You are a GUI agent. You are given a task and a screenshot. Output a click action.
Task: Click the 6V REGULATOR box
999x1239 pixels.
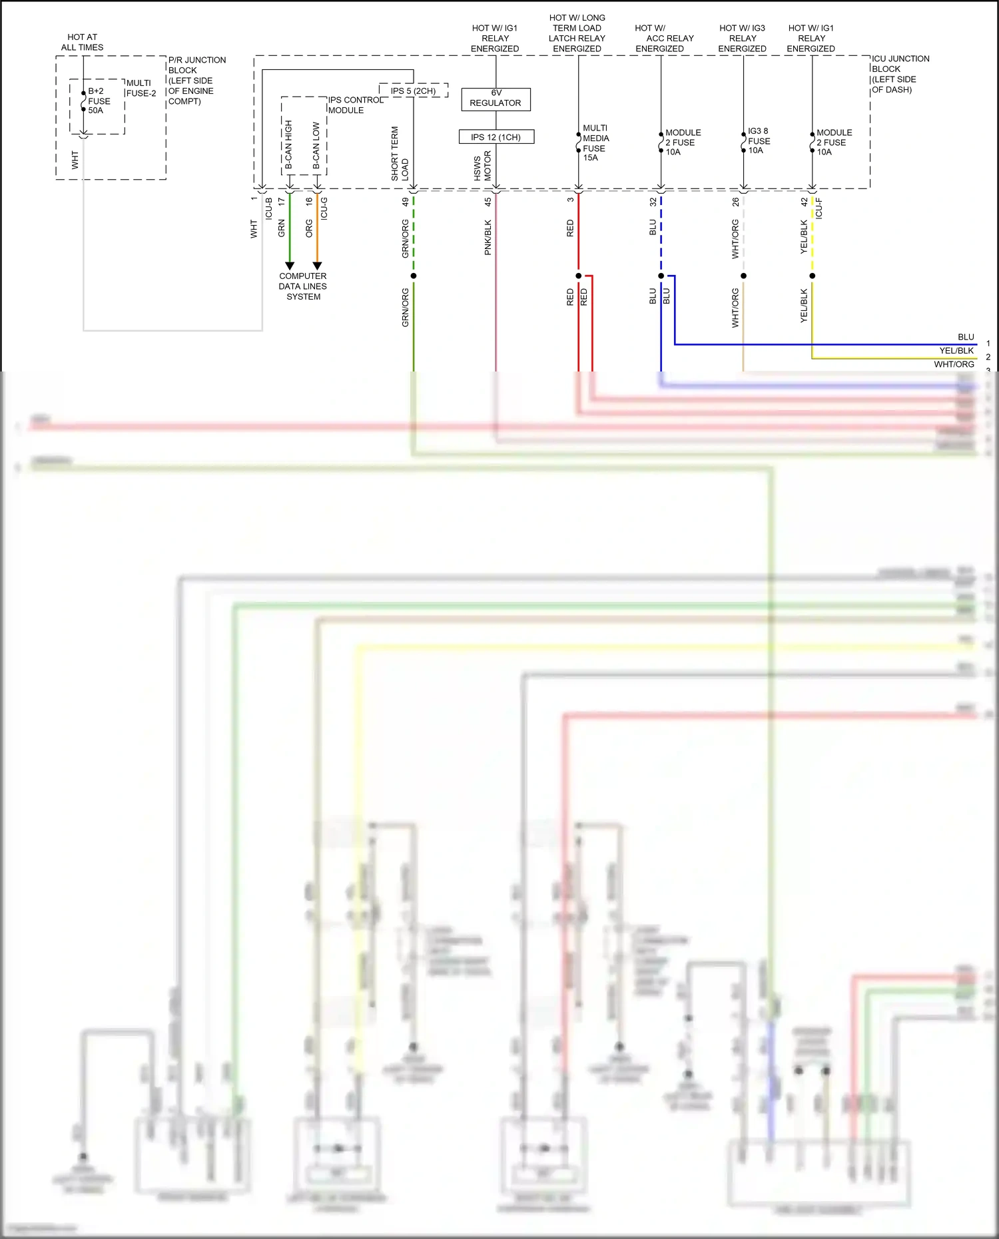pyautogui.click(x=496, y=99)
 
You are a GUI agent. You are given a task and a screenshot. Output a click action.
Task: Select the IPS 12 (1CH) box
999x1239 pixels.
pyautogui.click(x=496, y=137)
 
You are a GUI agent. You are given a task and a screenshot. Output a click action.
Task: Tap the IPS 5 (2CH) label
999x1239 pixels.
pyautogui.click(x=413, y=91)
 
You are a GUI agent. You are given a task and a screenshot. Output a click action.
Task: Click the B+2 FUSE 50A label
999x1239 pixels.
pyautogui.click(x=99, y=101)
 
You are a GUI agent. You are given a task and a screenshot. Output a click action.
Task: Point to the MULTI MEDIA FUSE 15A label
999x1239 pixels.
pyautogui.click(x=595, y=142)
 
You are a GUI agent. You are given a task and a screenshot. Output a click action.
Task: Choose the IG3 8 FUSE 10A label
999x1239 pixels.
pyautogui.click(x=758, y=140)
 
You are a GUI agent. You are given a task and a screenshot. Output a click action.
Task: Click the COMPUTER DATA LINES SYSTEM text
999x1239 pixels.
pyautogui.click(x=303, y=286)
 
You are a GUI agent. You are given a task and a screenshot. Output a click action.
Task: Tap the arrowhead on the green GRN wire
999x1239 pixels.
pyautogui.click(x=290, y=266)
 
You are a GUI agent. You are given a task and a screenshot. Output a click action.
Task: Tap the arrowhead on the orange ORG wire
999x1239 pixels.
pyautogui.click(x=317, y=266)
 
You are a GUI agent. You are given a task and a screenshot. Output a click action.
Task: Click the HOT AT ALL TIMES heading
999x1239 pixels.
pyautogui.click(x=82, y=42)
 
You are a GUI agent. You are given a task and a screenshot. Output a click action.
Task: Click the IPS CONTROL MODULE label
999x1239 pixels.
pyautogui.click(x=354, y=105)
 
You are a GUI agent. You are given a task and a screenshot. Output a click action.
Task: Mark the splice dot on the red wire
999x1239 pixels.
pyautogui.click(x=578, y=276)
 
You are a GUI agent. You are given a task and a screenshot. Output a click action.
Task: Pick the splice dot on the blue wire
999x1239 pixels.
pyautogui.click(x=661, y=276)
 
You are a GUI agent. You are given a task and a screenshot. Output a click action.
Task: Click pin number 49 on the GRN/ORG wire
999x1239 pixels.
pyautogui.click(x=405, y=201)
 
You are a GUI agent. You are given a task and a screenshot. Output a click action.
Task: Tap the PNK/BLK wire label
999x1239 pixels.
pyautogui.click(x=488, y=237)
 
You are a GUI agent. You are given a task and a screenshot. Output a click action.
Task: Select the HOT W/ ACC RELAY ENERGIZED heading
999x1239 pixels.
pyautogui.click(x=663, y=38)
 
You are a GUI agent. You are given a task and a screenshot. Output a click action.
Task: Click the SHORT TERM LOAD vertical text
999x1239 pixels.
pyautogui.click(x=399, y=154)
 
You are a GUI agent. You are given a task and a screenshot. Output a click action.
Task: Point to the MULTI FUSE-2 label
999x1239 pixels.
pyautogui.click(x=141, y=88)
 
